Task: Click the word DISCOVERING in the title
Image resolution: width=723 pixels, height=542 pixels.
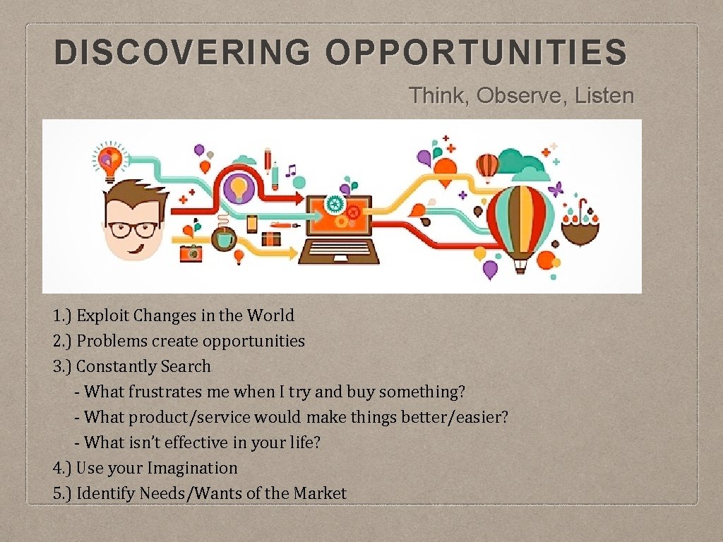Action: coord(181,53)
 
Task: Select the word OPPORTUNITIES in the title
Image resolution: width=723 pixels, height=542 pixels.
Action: coord(477,53)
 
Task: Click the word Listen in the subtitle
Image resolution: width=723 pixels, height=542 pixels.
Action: coord(604,95)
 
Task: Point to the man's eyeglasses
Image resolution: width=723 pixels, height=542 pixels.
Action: coord(133,229)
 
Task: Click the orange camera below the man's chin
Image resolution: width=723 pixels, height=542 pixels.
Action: coord(191,253)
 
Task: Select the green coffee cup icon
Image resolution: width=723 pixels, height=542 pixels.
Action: coord(225,239)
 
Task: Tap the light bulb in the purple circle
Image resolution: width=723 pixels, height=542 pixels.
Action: coord(239,188)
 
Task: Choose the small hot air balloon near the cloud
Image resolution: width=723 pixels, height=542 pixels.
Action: coord(487,167)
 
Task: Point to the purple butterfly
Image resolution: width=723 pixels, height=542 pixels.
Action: coord(556,189)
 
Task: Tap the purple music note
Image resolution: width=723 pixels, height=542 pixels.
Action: coord(291,171)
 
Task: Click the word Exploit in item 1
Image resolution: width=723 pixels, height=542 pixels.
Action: coord(104,315)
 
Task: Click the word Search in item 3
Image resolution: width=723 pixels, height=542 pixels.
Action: coord(185,366)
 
